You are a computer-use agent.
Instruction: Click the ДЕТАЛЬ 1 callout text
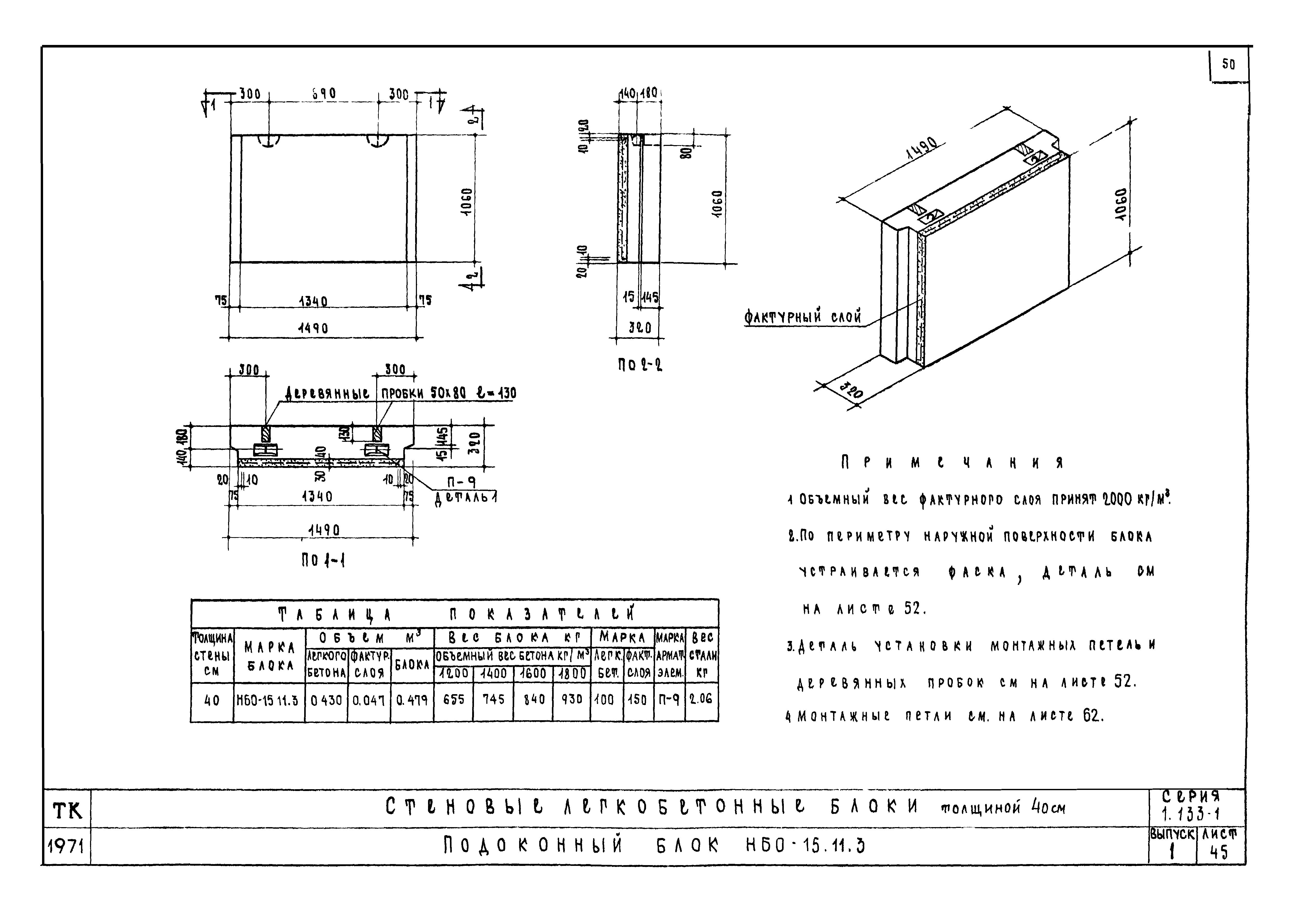466,498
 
